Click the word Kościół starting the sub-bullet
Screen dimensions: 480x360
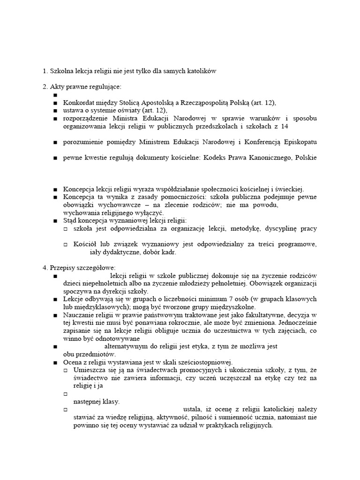85,244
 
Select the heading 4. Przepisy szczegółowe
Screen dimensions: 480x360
75,268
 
